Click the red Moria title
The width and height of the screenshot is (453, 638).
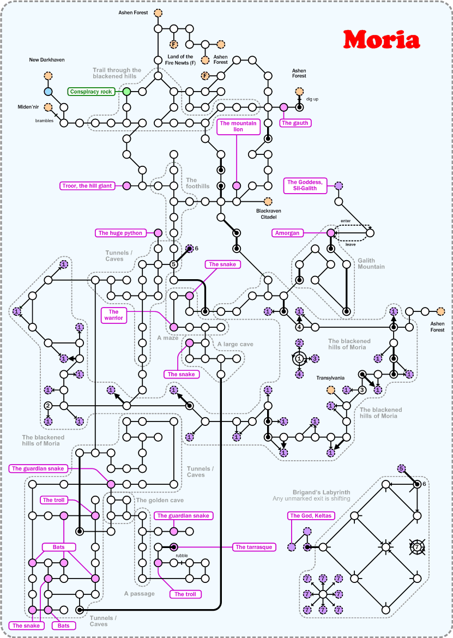click(x=381, y=39)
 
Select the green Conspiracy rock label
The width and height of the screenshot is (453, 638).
click(x=91, y=92)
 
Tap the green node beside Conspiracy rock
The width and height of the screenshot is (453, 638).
click(x=126, y=92)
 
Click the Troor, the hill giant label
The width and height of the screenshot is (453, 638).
click(x=87, y=186)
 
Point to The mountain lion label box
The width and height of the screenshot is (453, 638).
click(x=238, y=127)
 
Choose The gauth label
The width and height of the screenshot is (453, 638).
click(x=295, y=123)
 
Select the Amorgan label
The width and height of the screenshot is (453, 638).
click(x=287, y=233)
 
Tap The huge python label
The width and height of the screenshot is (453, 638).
click(x=120, y=233)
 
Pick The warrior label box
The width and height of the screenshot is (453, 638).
click(x=113, y=315)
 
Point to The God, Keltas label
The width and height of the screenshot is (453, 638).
click(x=310, y=515)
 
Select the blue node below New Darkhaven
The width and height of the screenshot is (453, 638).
click(x=48, y=92)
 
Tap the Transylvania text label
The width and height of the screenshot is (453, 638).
click(x=330, y=377)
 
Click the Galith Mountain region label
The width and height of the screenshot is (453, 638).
click(x=371, y=263)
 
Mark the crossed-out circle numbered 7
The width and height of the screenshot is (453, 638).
click(x=416, y=546)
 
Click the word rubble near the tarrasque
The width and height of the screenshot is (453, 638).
click(x=182, y=556)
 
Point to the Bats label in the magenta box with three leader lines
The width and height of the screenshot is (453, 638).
click(x=59, y=546)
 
